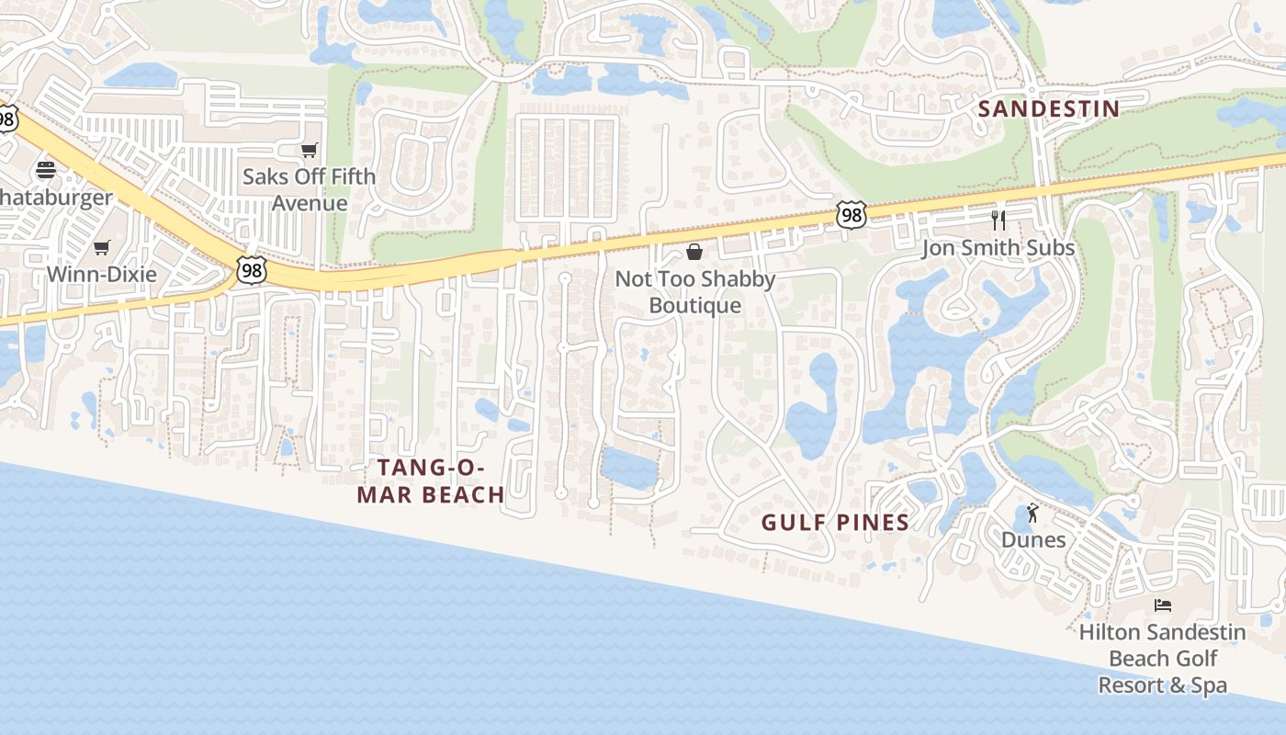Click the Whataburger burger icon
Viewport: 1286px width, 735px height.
[46, 170]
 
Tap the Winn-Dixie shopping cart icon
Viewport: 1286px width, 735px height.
[101, 247]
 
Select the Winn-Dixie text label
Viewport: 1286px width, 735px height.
[101, 274]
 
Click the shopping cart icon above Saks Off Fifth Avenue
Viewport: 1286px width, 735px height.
[310, 150]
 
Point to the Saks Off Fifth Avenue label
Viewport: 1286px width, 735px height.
[309, 189]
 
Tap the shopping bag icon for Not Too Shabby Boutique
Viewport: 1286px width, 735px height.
[695, 252]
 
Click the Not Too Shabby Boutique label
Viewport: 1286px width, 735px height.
[695, 291]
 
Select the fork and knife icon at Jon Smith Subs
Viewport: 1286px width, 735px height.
[998, 220]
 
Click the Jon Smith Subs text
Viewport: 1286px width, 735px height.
[998, 248]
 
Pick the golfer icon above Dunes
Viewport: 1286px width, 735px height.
[1032, 513]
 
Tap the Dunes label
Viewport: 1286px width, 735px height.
[1033, 539]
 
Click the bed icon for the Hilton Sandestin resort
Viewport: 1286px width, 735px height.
[1162, 605]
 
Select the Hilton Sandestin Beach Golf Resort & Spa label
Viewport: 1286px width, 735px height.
[1162, 659]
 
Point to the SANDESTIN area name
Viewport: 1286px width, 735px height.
[1048, 109]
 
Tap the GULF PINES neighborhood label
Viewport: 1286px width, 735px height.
[835, 523]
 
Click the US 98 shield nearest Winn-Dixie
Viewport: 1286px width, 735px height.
[251, 269]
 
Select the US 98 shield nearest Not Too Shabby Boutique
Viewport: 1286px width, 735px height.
[852, 216]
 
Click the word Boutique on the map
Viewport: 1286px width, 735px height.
[695, 305]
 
